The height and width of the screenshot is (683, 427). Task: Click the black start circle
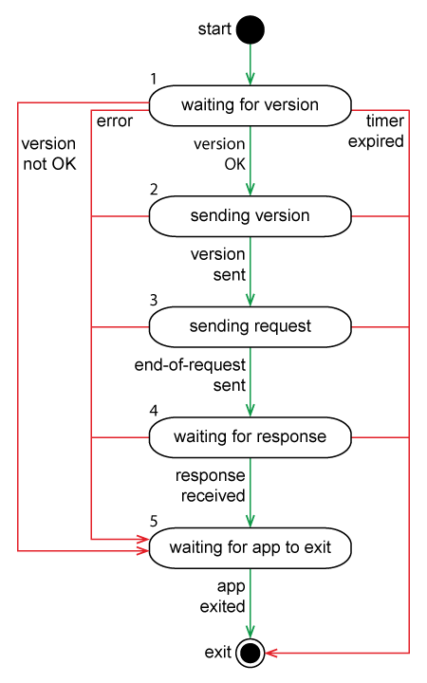pos(250,29)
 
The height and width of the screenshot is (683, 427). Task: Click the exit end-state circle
pos(250,653)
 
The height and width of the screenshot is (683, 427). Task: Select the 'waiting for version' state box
pos(250,104)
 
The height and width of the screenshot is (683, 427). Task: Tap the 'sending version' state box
pos(250,215)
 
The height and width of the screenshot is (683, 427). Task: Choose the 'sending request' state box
pos(250,326)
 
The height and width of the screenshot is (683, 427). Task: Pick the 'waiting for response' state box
pos(250,437)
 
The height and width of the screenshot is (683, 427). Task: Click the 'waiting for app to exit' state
pos(250,548)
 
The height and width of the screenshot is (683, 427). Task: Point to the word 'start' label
pos(213,29)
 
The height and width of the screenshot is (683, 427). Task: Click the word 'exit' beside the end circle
pos(218,653)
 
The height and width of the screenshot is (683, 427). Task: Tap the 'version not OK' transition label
pos(48,154)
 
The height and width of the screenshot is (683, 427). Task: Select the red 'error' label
pos(115,121)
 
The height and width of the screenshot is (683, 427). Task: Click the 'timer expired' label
pos(384,132)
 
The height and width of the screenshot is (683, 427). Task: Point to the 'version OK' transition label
pos(219,154)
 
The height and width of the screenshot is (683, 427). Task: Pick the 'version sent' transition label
pos(217,265)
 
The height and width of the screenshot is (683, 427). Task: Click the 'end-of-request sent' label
pos(190,375)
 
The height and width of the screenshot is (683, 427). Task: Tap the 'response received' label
pos(210,485)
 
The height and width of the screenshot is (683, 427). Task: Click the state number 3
pos(154,300)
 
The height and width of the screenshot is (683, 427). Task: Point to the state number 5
pos(154,521)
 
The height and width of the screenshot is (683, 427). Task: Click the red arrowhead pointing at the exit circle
pos(270,653)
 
